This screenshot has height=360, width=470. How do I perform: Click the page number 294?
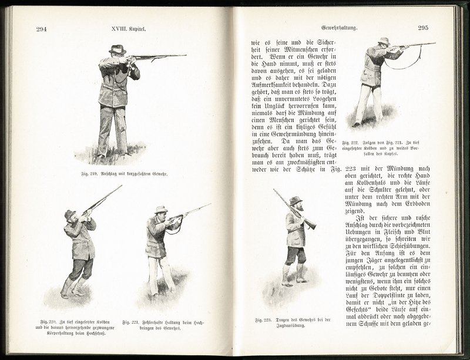(41, 29)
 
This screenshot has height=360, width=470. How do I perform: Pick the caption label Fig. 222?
(351, 142)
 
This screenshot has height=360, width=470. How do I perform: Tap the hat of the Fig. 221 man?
(160, 209)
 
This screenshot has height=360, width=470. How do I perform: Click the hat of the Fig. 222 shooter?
(384, 41)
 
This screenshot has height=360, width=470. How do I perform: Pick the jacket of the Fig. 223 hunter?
(296, 229)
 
